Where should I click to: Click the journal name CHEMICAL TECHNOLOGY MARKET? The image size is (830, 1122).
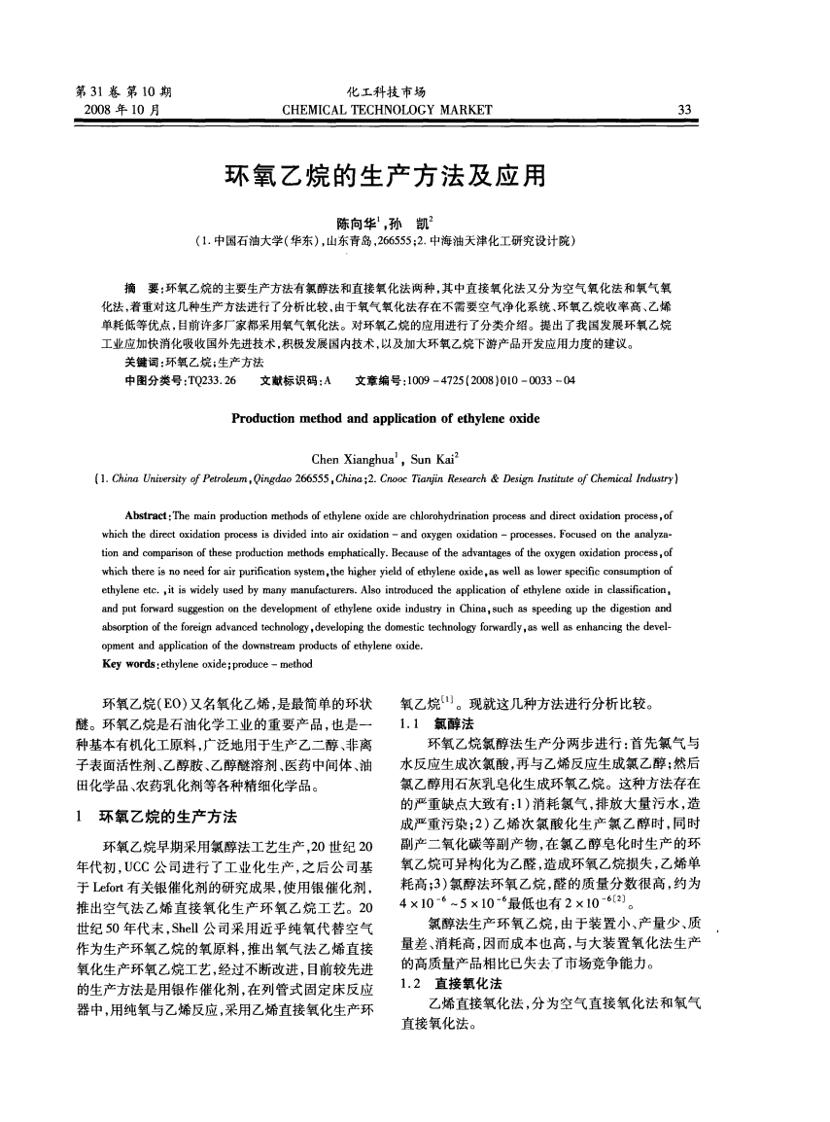point(386,110)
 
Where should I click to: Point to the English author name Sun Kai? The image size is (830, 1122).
point(433,459)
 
